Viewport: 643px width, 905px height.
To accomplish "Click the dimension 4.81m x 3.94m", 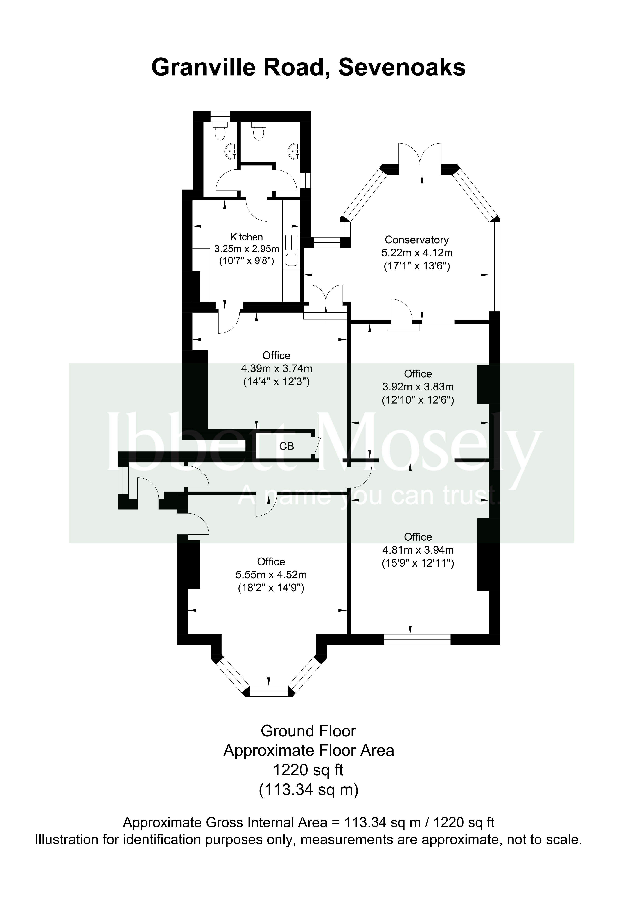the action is (x=418, y=550).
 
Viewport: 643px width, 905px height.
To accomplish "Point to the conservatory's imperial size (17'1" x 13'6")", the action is (x=417, y=266).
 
